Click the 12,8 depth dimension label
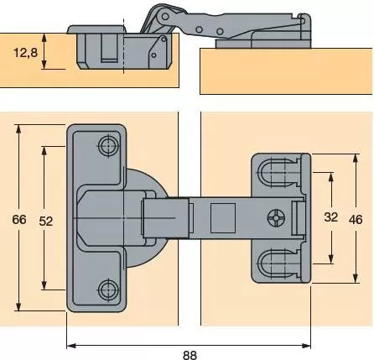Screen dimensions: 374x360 coord(25,52)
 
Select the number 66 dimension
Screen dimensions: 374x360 coord(19,220)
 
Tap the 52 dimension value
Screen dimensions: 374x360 coord(46,222)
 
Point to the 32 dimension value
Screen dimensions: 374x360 coord(331,217)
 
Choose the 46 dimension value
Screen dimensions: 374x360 coord(356,220)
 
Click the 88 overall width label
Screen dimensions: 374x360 coord(190,355)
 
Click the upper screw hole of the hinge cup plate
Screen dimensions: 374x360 coord(108,145)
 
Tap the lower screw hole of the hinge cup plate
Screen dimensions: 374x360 coord(108,290)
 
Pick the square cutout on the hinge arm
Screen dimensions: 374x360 coord(223,218)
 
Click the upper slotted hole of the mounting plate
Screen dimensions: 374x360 coord(273,173)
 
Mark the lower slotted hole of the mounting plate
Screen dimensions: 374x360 coord(273,263)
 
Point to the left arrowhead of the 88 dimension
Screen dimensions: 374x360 coord(71,346)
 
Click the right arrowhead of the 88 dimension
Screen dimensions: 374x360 coord(306,346)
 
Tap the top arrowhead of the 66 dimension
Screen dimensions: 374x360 coord(18,129)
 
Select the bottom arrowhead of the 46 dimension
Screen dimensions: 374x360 coord(356,279)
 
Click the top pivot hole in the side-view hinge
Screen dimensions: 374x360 coord(165,17)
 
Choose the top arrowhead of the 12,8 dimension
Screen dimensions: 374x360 coord(44,38)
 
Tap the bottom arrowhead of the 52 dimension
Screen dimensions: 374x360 coord(44,285)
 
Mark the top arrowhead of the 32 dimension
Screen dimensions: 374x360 coord(331,177)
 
